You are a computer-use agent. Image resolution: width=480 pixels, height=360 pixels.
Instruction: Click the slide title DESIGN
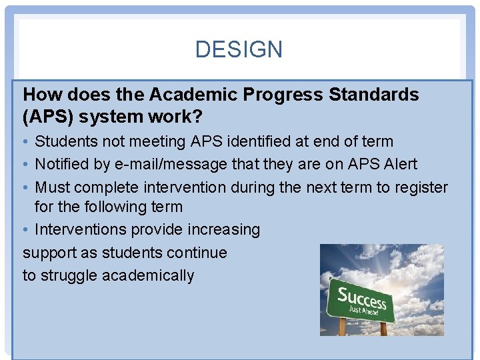point(239,49)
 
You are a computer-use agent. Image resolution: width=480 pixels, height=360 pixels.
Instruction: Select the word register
point(421,187)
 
